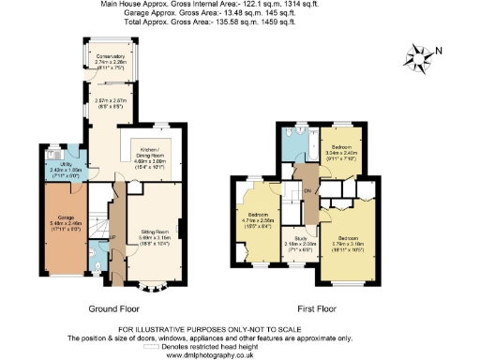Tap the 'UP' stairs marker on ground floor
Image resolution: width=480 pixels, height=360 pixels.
tap(112, 236)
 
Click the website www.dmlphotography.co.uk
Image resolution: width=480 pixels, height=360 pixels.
tap(238, 352)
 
